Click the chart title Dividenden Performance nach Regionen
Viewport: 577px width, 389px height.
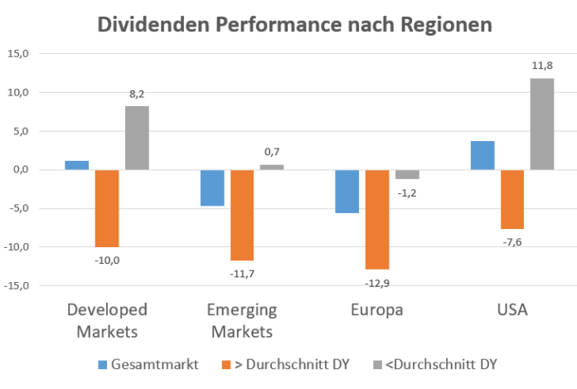(x=294, y=24)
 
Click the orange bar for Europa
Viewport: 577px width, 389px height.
(x=377, y=219)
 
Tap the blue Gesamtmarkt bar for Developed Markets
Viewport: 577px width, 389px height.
(x=76, y=165)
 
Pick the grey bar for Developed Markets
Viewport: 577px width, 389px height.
(x=137, y=138)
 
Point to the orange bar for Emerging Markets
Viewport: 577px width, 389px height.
(x=242, y=215)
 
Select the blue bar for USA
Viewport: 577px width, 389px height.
(x=482, y=155)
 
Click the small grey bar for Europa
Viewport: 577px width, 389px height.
(x=407, y=174)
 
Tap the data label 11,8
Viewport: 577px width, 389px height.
(x=542, y=66)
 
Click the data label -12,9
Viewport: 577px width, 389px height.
(x=377, y=283)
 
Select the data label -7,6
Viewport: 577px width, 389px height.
(x=512, y=242)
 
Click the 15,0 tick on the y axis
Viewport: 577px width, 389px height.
(x=17, y=54)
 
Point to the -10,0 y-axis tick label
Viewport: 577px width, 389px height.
(x=16, y=247)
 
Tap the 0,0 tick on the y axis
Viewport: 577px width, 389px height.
(x=20, y=170)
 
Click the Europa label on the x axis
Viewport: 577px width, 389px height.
(x=377, y=310)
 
